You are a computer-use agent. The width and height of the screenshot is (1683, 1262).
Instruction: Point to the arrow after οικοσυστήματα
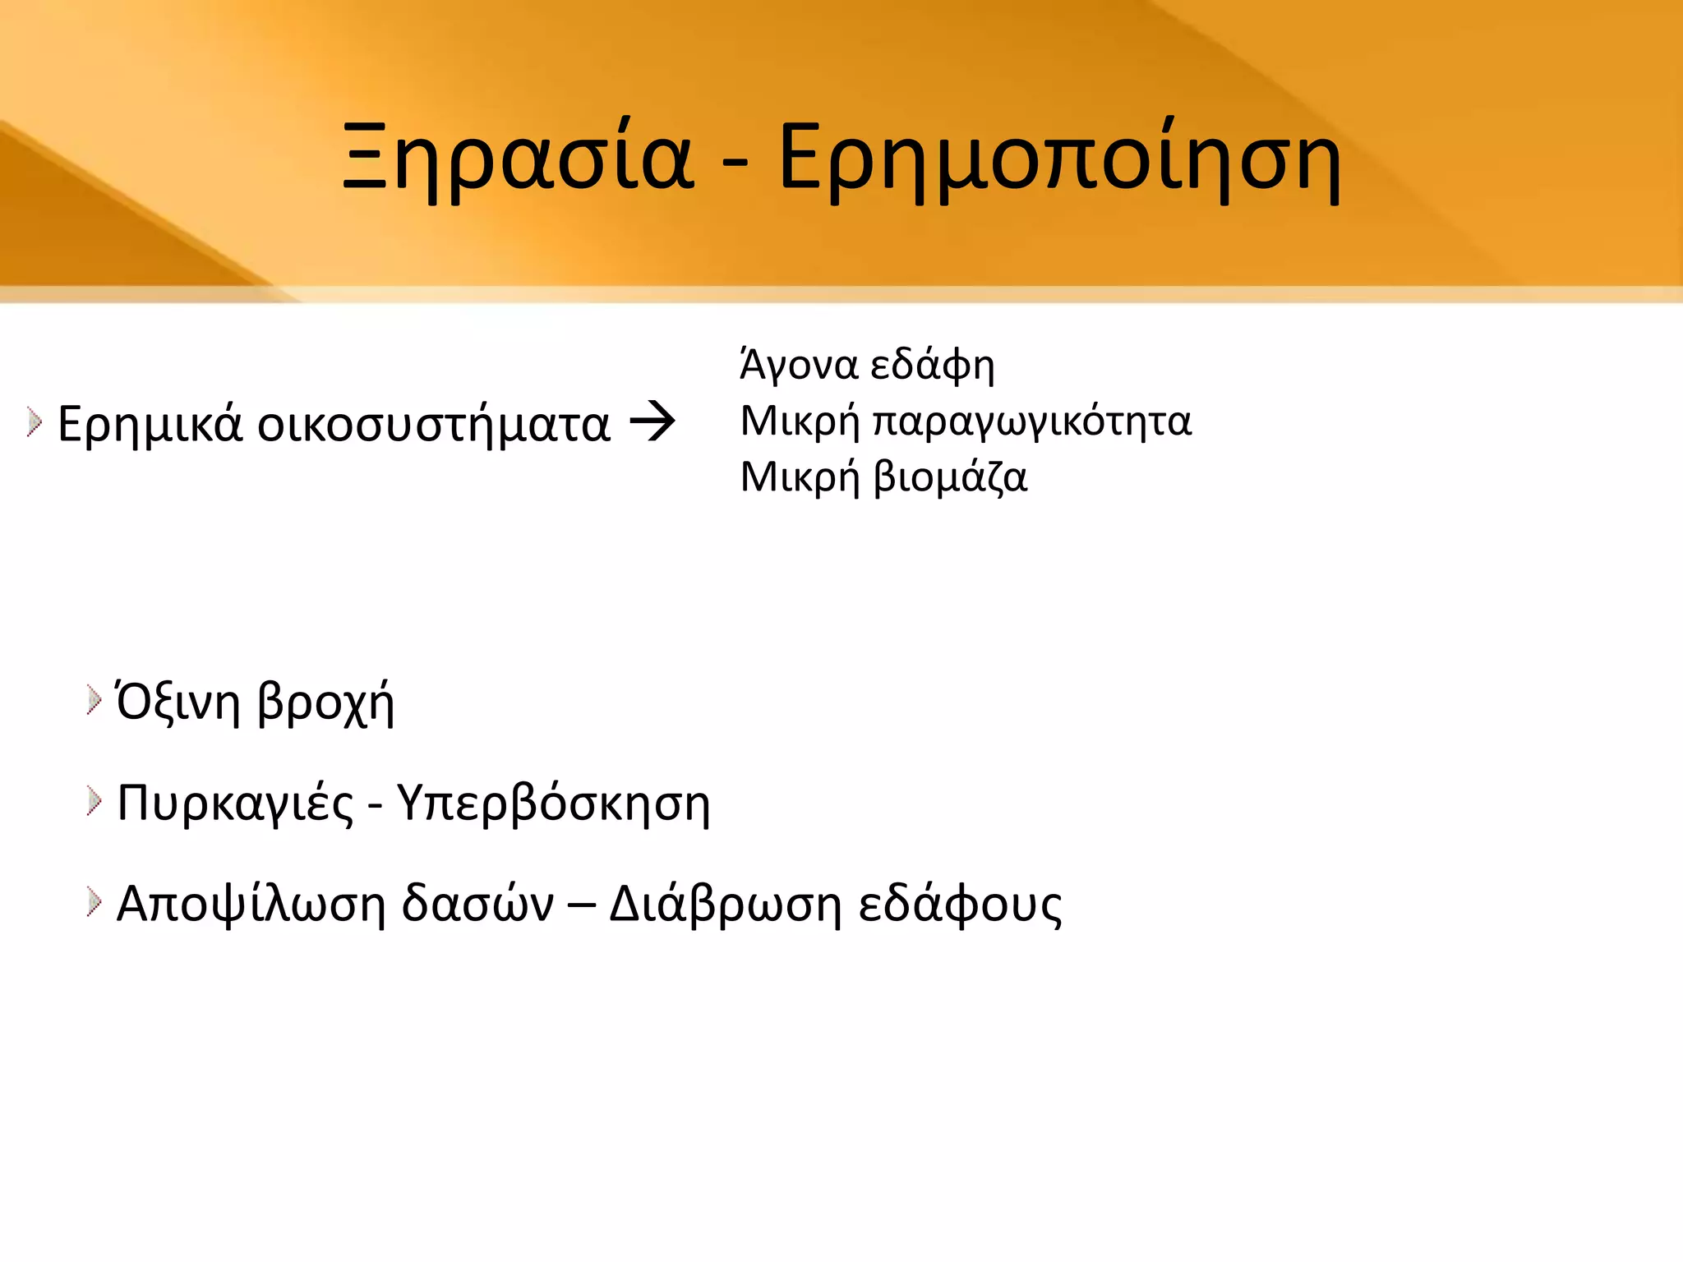click(x=652, y=423)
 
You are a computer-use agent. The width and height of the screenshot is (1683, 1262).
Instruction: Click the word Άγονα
click(x=799, y=365)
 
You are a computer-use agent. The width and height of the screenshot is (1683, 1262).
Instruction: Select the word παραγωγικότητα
click(x=1031, y=421)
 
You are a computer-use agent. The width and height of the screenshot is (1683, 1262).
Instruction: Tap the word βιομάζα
click(x=950, y=477)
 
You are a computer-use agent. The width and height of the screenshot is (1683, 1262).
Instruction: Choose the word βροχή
click(x=325, y=704)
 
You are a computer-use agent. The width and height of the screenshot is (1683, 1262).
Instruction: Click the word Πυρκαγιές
click(x=235, y=804)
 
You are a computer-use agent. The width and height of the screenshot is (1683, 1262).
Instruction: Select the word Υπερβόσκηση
click(x=553, y=804)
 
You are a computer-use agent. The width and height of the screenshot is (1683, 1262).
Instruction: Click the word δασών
click(x=477, y=904)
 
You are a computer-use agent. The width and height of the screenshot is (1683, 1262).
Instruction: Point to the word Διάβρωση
click(x=726, y=904)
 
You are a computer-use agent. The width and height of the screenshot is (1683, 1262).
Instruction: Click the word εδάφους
click(x=960, y=904)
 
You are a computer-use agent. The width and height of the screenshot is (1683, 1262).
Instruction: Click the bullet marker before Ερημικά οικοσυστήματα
click(x=34, y=423)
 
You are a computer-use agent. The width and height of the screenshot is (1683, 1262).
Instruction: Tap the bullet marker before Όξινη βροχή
click(x=94, y=701)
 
